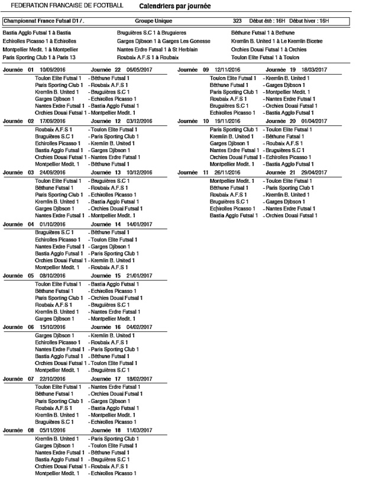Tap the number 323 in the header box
click(x=237, y=21)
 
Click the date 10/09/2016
click(x=52, y=70)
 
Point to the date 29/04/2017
click(x=314, y=172)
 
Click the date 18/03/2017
click(x=314, y=70)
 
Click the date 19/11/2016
click(x=227, y=121)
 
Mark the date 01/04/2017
click(x=314, y=121)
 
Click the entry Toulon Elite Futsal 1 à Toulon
click(x=266, y=58)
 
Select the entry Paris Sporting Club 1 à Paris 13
click(x=39, y=58)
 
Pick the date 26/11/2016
click(x=227, y=172)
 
